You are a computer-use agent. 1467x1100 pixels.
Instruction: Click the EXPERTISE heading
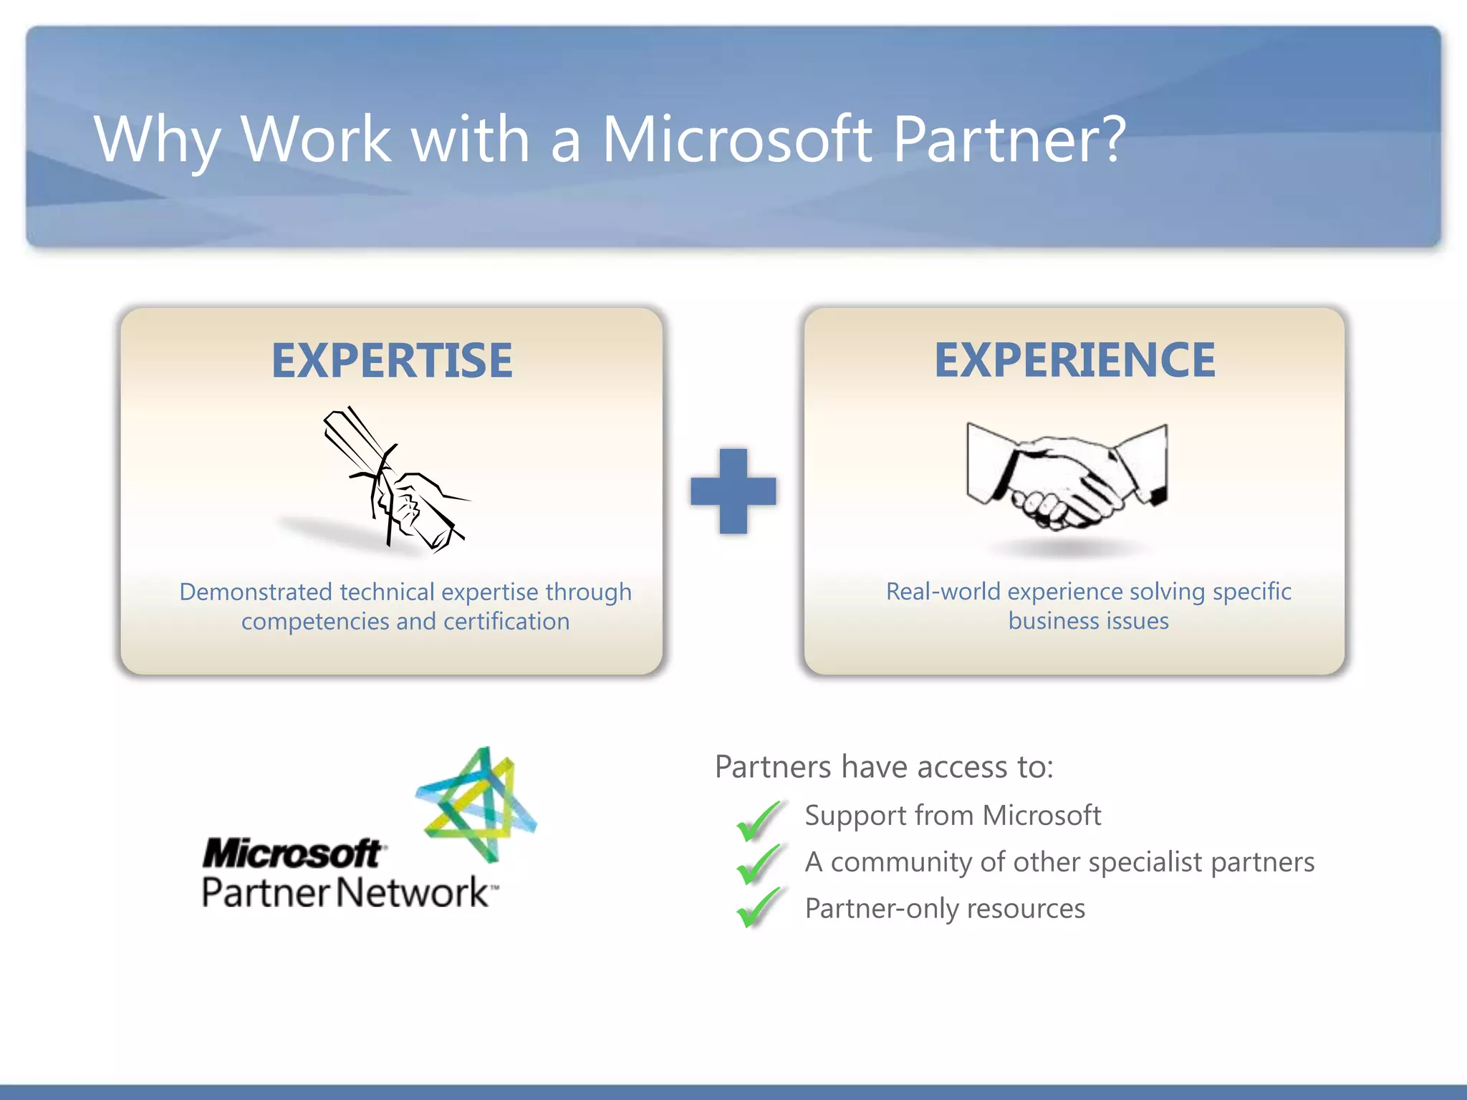(392, 360)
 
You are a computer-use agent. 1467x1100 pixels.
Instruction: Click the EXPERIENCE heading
(1074, 360)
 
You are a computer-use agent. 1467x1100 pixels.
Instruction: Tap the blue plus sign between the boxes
(733, 491)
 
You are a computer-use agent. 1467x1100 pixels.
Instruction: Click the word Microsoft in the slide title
(737, 139)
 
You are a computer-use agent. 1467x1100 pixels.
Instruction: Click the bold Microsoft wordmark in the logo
(292, 854)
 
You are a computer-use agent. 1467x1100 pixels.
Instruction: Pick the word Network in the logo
(413, 893)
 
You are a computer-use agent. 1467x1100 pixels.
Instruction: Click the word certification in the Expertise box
(506, 622)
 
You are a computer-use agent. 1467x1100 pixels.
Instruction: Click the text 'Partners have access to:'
(884, 767)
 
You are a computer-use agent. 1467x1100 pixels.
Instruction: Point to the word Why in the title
(157, 140)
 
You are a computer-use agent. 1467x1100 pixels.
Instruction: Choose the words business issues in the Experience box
(1088, 621)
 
